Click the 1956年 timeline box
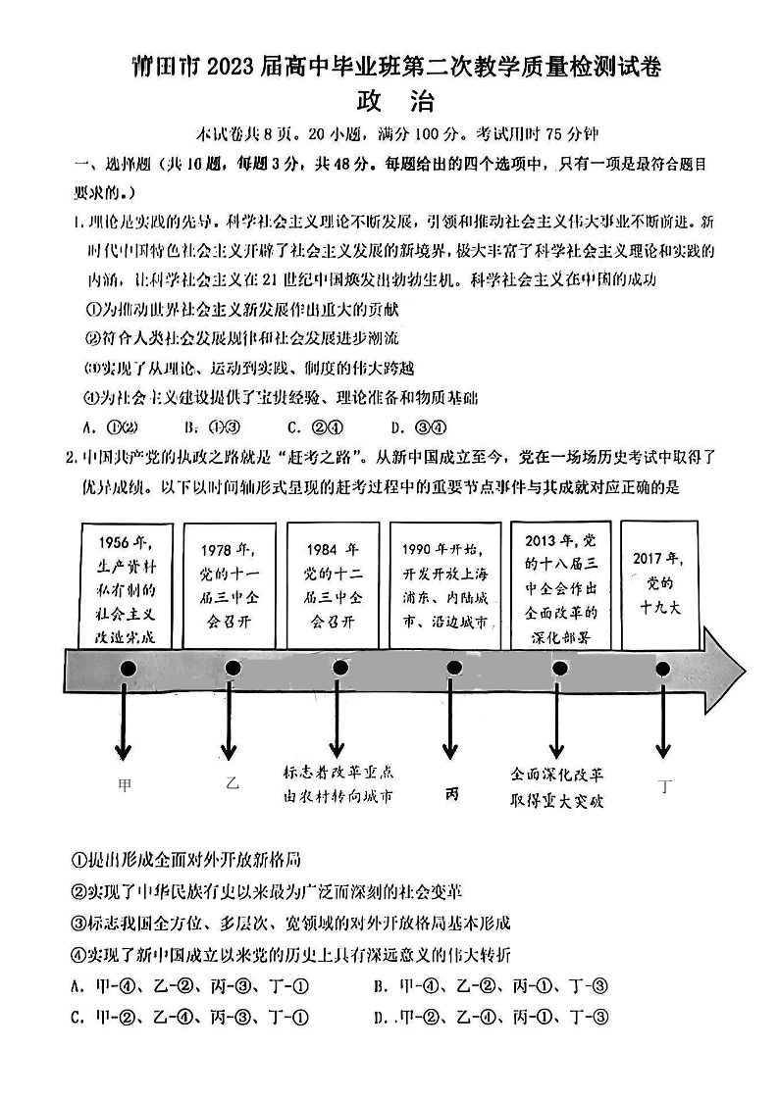point(125,585)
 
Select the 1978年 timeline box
point(231,585)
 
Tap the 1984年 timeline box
point(333,585)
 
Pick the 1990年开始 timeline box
point(443,585)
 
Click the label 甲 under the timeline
point(125,784)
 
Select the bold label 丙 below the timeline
point(451,792)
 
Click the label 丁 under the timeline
point(666,785)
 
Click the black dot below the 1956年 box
point(127,669)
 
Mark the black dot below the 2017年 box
point(663,669)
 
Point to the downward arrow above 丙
point(451,721)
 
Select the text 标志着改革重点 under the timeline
point(338,771)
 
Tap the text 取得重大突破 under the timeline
point(557,800)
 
